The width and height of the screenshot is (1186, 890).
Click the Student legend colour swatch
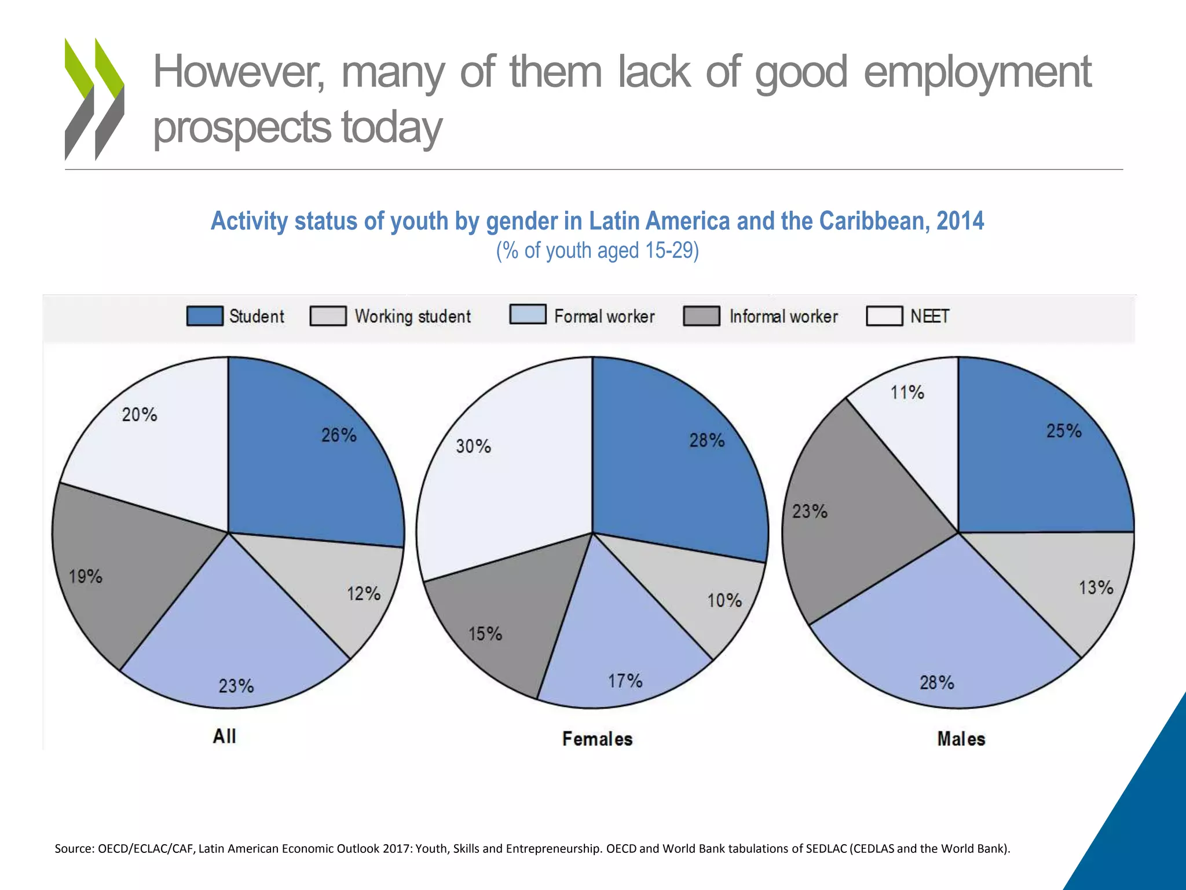tap(204, 316)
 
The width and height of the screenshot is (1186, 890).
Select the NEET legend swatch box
tap(884, 316)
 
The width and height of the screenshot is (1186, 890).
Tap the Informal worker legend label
tap(783, 316)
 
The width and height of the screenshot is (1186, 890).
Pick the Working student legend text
tap(412, 316)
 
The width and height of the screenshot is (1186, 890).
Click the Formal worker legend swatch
tap(528, 314)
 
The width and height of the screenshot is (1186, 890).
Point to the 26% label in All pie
tap(339, 435)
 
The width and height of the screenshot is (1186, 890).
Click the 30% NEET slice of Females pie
tap(498, 493)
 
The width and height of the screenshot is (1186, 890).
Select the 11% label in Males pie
tap(907, 393)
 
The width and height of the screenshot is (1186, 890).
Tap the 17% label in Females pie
tap(625, 681)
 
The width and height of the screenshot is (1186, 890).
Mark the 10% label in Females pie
tap(724, 600)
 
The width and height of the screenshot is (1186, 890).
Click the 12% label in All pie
tap(364, 594)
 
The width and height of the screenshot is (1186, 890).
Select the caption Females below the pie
tap(597, 739)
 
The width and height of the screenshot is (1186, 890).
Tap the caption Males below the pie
tap(961, 739)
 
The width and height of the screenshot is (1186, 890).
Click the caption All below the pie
tap(224, 736)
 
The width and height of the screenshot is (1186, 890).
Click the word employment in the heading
tap(977, 72)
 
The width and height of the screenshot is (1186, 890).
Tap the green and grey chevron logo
tap(94, 99)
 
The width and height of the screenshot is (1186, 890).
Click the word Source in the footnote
tap(74, 849)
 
